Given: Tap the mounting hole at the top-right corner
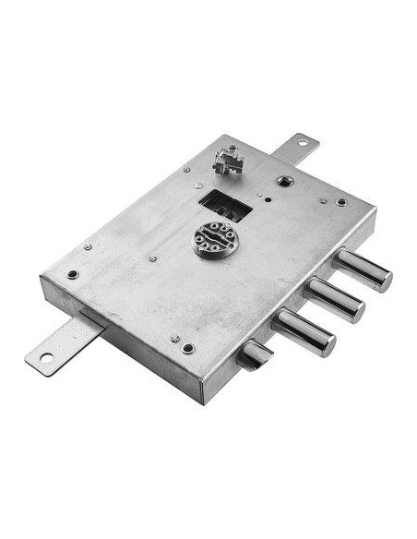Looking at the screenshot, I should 341,201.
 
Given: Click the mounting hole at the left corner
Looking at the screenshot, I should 72,274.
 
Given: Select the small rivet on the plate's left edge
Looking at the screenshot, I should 88,247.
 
